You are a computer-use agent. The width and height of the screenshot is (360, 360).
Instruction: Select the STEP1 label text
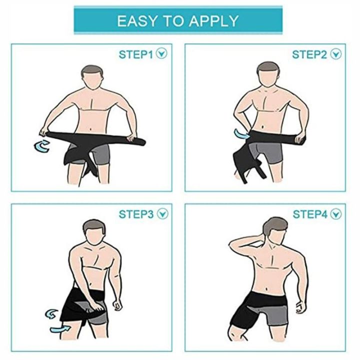(x=135, y=54)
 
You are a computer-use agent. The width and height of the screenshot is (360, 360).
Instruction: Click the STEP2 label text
(x=309, y=54)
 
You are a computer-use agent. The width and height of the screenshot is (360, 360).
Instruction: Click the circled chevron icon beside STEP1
(x=161, y=54)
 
